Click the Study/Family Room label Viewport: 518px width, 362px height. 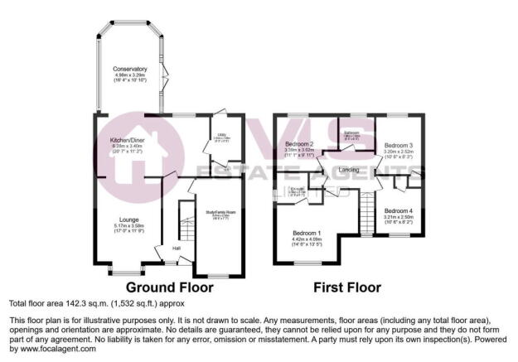220,211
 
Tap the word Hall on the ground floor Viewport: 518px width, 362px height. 177,248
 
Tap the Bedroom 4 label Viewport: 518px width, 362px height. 399,210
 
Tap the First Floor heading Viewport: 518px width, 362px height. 347,288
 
